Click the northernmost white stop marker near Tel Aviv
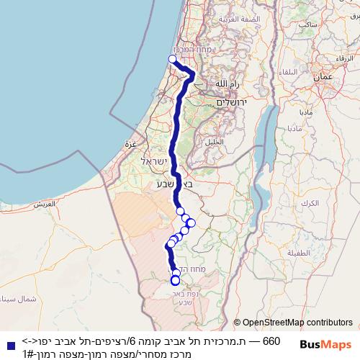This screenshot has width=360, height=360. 172,59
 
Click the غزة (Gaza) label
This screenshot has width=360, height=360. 130,143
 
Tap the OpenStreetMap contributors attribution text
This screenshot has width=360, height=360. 292,323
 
